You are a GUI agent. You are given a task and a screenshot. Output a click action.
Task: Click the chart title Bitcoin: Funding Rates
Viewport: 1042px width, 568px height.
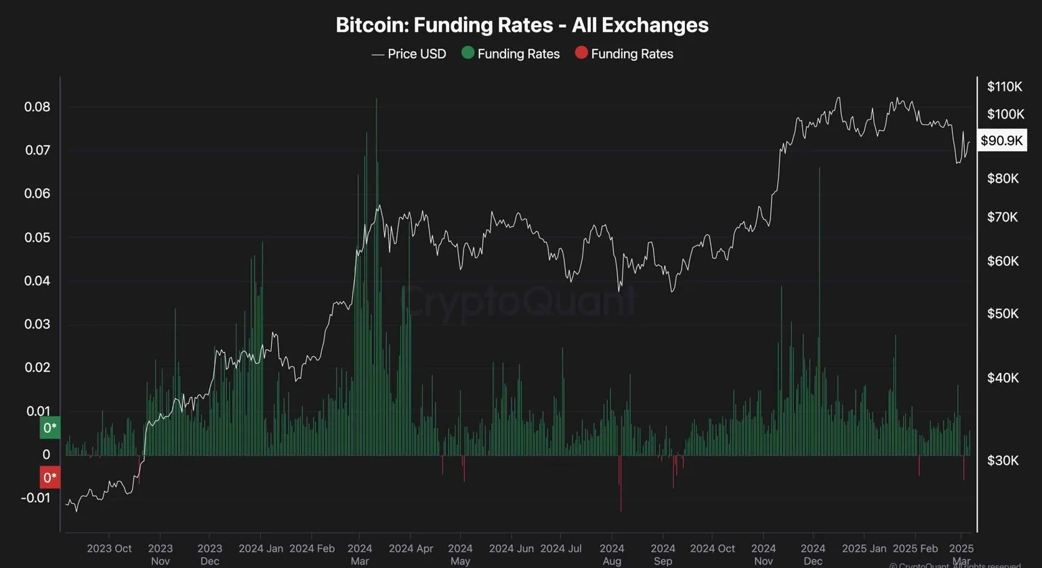click(x=522, y=25)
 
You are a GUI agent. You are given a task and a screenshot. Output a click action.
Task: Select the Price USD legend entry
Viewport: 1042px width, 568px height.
click(x=409, y=54)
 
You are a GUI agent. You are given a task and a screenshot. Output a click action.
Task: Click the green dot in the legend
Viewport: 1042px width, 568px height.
click(x=467, y=53)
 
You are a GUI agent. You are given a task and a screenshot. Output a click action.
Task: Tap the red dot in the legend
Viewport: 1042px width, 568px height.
click(x=581, y=53)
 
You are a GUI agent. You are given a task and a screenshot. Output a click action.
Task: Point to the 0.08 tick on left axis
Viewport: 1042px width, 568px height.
click(x=37, y=107)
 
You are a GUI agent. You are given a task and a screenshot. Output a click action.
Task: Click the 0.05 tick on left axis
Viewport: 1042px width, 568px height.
click(x=37, y=237)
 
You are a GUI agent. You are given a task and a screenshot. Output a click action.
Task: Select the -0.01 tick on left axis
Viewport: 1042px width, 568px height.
click(x=35, y=498)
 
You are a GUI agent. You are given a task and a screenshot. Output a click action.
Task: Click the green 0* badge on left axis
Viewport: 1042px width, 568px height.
click(x=50, y=428)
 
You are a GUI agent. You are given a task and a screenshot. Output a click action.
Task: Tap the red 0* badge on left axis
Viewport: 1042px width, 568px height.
click(x=50, y=477)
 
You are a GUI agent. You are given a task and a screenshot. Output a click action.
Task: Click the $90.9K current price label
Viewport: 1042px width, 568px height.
click(x=1002, y=140)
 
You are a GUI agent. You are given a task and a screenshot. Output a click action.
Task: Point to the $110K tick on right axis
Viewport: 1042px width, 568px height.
click(x=1004, y=86)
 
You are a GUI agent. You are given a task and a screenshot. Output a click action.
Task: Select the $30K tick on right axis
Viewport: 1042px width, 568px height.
click(x=1003, y=460)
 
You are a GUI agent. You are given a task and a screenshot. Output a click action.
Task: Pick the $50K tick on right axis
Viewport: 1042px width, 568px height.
click(x=1003, y=313)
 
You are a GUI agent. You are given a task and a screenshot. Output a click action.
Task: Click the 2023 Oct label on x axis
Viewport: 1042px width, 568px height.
click(x=109, y=548)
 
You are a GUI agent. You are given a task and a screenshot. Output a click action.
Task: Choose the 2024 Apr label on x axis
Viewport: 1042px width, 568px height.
click(x=411, y=548)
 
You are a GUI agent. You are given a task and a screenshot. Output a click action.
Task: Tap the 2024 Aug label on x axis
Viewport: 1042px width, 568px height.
click(x=612, y=554)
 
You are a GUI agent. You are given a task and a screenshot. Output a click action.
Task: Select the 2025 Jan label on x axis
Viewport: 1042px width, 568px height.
click(x=864, y=548)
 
